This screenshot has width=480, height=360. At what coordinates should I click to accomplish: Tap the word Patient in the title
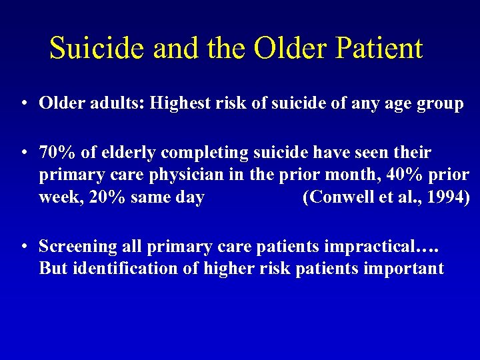coord(381,48)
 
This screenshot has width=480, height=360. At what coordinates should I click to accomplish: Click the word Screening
coord(75,247)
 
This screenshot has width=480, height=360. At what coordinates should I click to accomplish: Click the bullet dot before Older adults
coord(24,104)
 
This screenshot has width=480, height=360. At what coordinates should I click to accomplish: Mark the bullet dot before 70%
coord(24,153)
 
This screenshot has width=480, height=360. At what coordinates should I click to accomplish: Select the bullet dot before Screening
coord(24,247)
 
